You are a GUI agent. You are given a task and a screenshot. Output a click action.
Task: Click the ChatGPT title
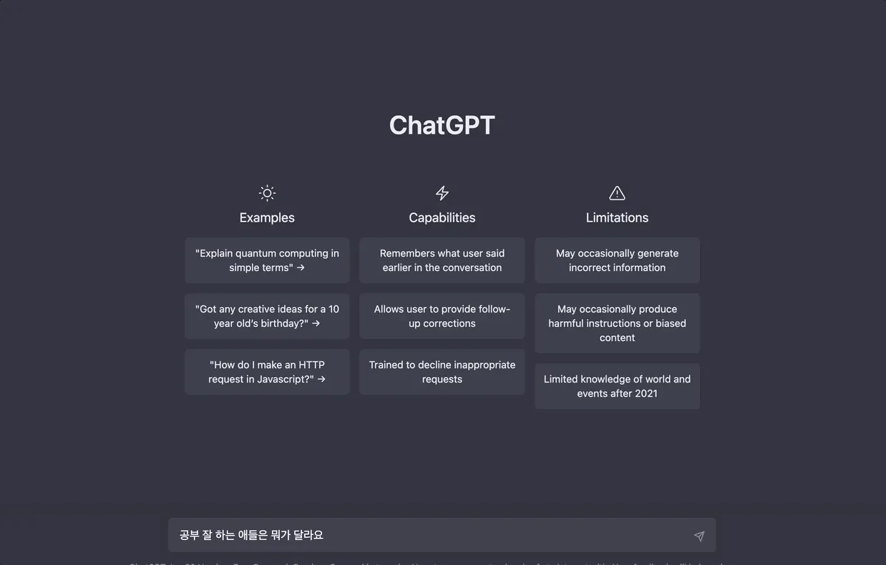click(x=442, y=125)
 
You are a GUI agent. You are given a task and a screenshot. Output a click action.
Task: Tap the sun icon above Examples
click(x=267, y=193)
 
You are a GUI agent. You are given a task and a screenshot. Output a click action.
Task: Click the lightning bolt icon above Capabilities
click(x=442, y=193)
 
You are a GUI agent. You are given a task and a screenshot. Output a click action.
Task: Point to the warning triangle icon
click(x=617, y=193)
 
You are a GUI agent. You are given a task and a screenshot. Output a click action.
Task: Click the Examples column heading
click(x=267, y=217)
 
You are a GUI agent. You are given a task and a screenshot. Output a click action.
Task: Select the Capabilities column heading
click(x=442, y=217)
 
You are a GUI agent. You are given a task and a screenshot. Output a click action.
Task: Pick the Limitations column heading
click(x=617, y=217)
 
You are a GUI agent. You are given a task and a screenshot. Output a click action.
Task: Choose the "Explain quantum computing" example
click(x=267, y=260)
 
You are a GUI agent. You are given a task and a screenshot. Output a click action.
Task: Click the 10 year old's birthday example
click(x=267, y=316)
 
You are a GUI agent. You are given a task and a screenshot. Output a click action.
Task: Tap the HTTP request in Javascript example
click(x=267, y=372)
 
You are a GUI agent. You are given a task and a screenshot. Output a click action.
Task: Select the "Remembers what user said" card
click(x=442, y=260)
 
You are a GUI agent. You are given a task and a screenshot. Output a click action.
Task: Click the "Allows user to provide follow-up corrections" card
click(x=442, y=316)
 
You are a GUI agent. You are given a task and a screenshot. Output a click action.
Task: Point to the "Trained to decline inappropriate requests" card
click(x=442, y=372)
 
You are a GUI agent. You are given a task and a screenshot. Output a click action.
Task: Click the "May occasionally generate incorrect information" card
click(x=617, y=260)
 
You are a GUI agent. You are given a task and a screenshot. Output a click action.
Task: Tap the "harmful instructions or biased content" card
click(x=617, y=323)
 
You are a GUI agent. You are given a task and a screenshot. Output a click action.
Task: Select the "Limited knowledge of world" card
click(x=617, y=386)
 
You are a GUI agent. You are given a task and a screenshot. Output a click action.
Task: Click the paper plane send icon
click(x=699, y=536)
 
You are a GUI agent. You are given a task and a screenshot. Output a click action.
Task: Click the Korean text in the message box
click(x=251, y=535)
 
